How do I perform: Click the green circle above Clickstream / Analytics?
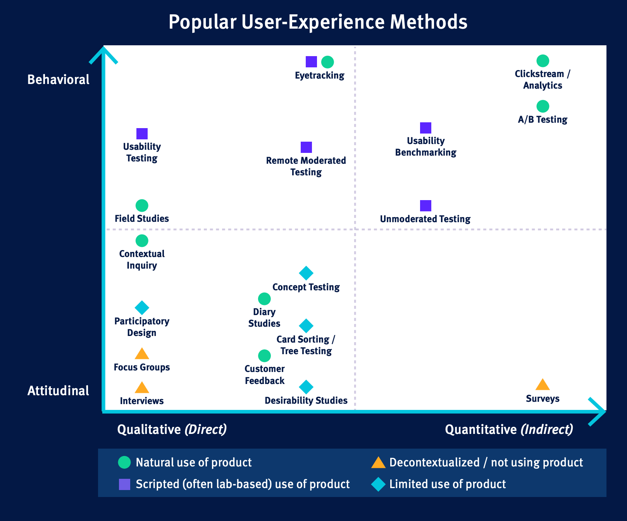click(x=543, y=61)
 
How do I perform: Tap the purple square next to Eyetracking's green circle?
click(x=311, y=62)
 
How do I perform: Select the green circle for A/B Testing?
click(x=543, y=106)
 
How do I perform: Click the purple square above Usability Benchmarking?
click(x=425, y=128)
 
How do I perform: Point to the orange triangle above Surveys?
click(x=543, y=385)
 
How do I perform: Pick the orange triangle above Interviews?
click(x=142, y=387)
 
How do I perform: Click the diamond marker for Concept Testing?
click(x=306, y=273)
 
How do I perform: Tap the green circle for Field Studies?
click(x=142, y=206)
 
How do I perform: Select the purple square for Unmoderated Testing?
click(x=425, y=206)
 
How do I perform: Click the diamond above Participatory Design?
click(x=142, y=308)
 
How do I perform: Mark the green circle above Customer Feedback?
click(x=264, y=356)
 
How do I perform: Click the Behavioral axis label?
click(x=59, y=80)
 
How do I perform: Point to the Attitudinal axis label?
click(x=59, y=391)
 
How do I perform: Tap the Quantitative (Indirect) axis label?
click(x=509, y=429)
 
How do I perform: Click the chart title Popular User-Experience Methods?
click(x=318, y=22)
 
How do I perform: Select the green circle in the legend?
click(x=124, y=463)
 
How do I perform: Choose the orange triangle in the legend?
click(x=378, y=463)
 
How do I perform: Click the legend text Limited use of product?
click(x=448, y=484)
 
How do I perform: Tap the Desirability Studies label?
click(x=306, y=401)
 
